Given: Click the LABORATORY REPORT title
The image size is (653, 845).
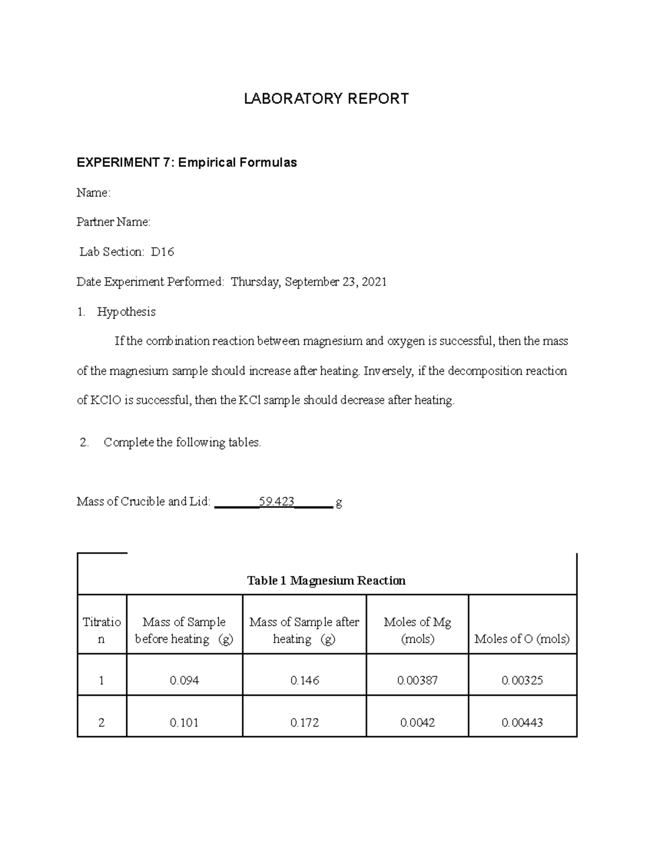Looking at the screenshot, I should point(326,98).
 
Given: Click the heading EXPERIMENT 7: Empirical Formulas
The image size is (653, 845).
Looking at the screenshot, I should point(187,163).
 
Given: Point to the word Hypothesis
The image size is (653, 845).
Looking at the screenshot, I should point(126,312).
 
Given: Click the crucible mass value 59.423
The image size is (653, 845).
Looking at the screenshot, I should point(277,502).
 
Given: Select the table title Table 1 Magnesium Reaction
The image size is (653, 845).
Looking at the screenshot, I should point(326,581).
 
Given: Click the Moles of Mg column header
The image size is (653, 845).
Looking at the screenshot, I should point(417,630).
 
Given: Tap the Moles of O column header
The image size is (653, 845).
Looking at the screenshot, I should point(522,639).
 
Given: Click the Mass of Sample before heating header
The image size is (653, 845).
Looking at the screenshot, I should point(184,630).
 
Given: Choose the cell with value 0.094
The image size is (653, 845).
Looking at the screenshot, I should point(184,680).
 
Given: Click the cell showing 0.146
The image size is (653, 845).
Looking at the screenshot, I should point(305,680).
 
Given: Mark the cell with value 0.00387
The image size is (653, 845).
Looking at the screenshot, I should point(417,680).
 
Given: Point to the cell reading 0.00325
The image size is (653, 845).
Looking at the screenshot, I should point(522,680).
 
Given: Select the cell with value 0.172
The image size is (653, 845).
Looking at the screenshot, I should point(305,723).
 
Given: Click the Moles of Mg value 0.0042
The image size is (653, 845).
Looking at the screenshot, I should point(417,723).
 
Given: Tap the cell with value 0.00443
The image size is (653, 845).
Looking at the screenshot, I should point(522,723).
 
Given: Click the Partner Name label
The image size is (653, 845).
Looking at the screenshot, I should point(113,222).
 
